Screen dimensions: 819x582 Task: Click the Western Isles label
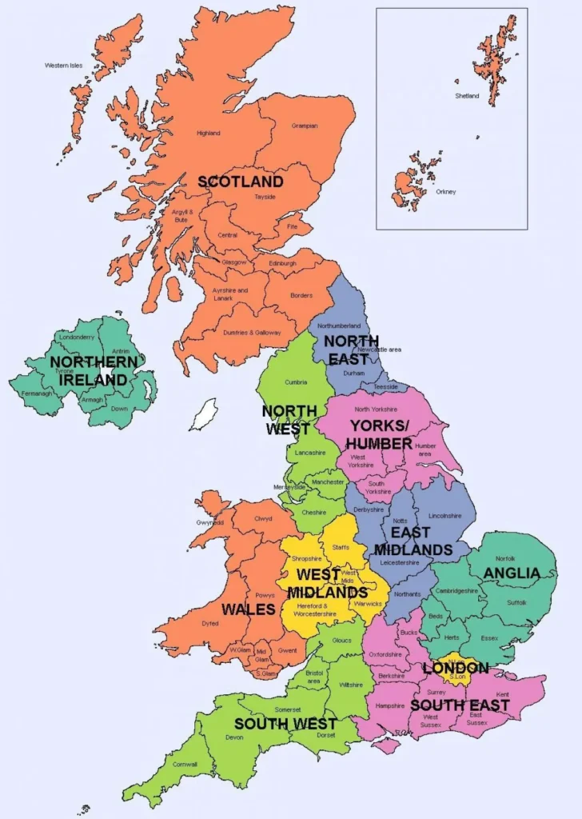tap(62, 65)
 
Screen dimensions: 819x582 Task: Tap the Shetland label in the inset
tap(468, 96)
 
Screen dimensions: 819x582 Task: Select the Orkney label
tap(446, 192)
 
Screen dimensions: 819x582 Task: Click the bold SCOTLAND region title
tap(241, 182)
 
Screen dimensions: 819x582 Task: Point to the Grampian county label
tap(305, 126)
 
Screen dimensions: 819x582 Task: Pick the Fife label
tap(282, 226)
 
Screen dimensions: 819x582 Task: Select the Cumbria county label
tap(296, 382)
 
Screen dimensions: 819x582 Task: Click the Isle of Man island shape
tap(206, 415)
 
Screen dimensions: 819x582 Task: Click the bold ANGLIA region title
tap(512, 573)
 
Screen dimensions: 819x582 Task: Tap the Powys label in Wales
tap(265, 595)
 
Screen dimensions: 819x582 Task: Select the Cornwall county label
tap(185, 764)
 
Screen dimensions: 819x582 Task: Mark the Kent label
tap(502, 694)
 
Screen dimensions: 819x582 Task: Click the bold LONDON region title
tap(456, 668)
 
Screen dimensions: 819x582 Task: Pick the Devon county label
tap(234, 737)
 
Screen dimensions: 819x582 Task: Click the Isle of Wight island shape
tap(387, 745)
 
